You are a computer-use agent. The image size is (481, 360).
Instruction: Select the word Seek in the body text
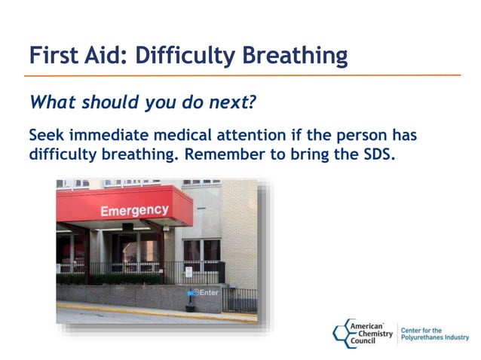(47, 136)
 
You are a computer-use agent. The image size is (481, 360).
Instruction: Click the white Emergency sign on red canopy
(135, 209)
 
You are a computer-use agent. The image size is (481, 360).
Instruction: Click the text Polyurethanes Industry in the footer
(434, 338)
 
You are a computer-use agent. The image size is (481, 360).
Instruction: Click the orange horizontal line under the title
(241, 75)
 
